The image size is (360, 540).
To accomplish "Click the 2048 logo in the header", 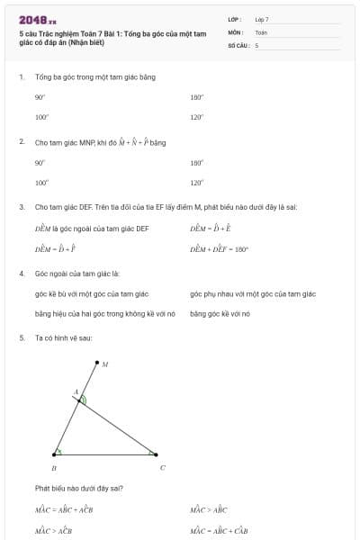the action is click(38, 19).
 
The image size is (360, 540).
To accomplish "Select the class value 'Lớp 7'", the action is click(262, 19).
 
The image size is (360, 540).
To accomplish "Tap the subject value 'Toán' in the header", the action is click(261, 31).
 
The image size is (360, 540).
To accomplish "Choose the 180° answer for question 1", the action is click(197, 97).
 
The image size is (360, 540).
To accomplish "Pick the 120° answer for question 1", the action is click(197, 117).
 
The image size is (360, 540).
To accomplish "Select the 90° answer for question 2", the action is click(40, 163).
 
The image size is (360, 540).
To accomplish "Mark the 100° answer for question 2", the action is click(41, 183).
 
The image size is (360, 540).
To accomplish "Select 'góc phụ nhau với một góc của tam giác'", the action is click(253, 293).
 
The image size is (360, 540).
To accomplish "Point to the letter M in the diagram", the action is click(105, 365).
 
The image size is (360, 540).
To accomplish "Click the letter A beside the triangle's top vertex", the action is click(76, 392).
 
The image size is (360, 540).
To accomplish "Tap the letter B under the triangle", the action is click(54, 468).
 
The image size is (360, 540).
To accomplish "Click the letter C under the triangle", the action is click(162, 468).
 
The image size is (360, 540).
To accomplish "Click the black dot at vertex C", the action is click(156, 454).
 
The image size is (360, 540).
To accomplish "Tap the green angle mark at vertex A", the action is click(84, 400).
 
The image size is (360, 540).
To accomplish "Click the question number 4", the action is click(21, 273).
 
